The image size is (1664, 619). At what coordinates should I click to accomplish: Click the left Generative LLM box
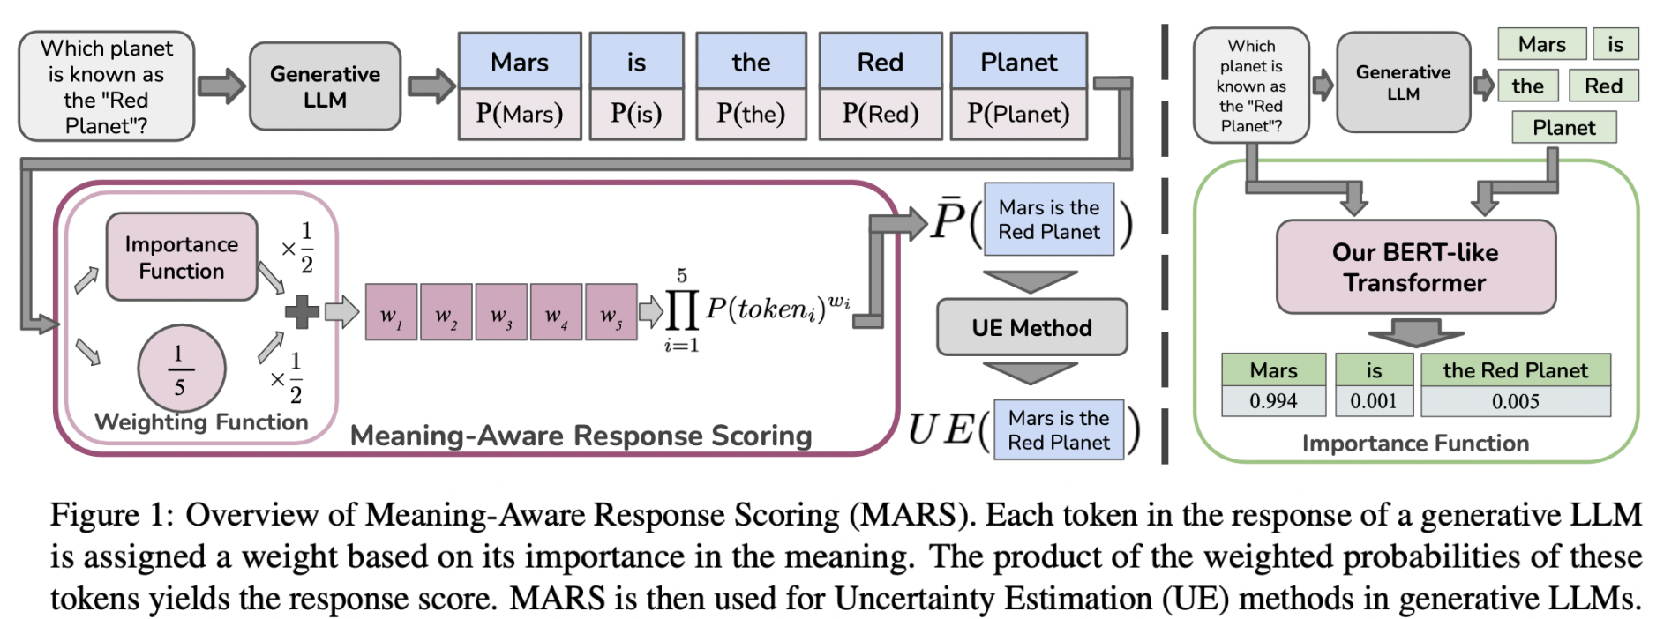click(325, 86)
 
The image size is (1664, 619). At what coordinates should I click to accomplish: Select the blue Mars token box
click(520, 62)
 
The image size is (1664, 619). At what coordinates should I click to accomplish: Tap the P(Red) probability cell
click(880, 114)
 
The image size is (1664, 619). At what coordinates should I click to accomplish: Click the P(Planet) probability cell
click(1018, 114)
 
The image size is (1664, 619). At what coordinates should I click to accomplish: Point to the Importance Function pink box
click(182, 257)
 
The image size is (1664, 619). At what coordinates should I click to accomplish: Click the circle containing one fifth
click(181, 369)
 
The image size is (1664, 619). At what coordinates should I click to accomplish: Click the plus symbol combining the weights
click(302, 311)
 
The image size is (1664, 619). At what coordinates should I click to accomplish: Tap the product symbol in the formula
click(682, 309)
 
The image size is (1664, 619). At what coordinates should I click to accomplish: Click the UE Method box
click(1031, 328)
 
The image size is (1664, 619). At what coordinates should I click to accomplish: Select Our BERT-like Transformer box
click(1415, 267)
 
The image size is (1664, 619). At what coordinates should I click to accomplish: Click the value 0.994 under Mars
click(1273, 401)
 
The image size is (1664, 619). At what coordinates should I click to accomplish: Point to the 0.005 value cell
click(1515, 401)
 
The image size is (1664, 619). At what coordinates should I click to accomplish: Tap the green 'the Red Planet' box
click(1515, 370)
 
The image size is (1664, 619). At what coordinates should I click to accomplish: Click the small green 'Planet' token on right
click(1563, 128)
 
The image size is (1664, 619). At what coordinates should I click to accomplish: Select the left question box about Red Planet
click(106, 86)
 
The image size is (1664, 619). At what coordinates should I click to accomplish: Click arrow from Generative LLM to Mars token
click(431, 86)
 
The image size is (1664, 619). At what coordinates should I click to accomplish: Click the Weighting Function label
click(201, 422)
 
